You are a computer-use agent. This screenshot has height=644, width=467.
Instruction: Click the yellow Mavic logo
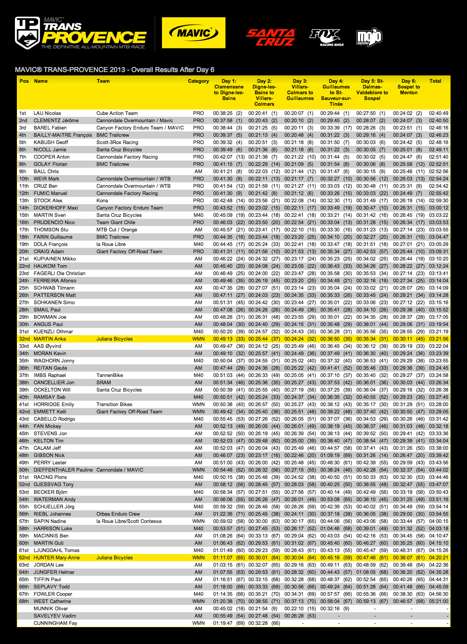coord(193,33)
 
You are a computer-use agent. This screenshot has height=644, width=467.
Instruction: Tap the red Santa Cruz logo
coord(271,37)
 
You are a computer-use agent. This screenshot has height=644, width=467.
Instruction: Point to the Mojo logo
coord(369,38)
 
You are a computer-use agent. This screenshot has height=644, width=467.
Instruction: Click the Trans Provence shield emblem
coord(27,33)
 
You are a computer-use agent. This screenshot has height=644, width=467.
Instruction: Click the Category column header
coord(198,81)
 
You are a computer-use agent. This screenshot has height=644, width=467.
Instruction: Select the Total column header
coord(435,81)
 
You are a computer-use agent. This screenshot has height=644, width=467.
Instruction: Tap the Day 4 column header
coord(336,92)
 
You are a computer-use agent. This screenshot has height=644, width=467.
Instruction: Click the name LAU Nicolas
coord(47,113)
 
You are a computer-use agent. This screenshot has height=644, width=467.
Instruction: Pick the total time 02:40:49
coord(439,113)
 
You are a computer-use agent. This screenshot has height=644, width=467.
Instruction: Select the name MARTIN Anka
coord(50,339)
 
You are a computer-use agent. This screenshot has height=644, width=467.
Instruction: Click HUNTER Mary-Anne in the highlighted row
coord(57,558)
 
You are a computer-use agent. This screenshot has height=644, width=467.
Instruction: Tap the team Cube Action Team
coord(117,113)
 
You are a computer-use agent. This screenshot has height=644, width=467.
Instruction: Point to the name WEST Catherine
coord(52,601)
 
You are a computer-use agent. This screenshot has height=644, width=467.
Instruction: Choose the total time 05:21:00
coord(439,601)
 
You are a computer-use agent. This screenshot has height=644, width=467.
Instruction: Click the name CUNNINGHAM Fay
coord(55,623)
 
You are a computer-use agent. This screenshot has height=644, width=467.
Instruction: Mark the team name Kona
coord(102,201)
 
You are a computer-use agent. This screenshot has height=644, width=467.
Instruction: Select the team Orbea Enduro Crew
coord(118,514)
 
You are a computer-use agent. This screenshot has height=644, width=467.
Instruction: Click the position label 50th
coord(24,470)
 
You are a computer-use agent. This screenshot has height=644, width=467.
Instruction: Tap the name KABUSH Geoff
coord(51,143)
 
